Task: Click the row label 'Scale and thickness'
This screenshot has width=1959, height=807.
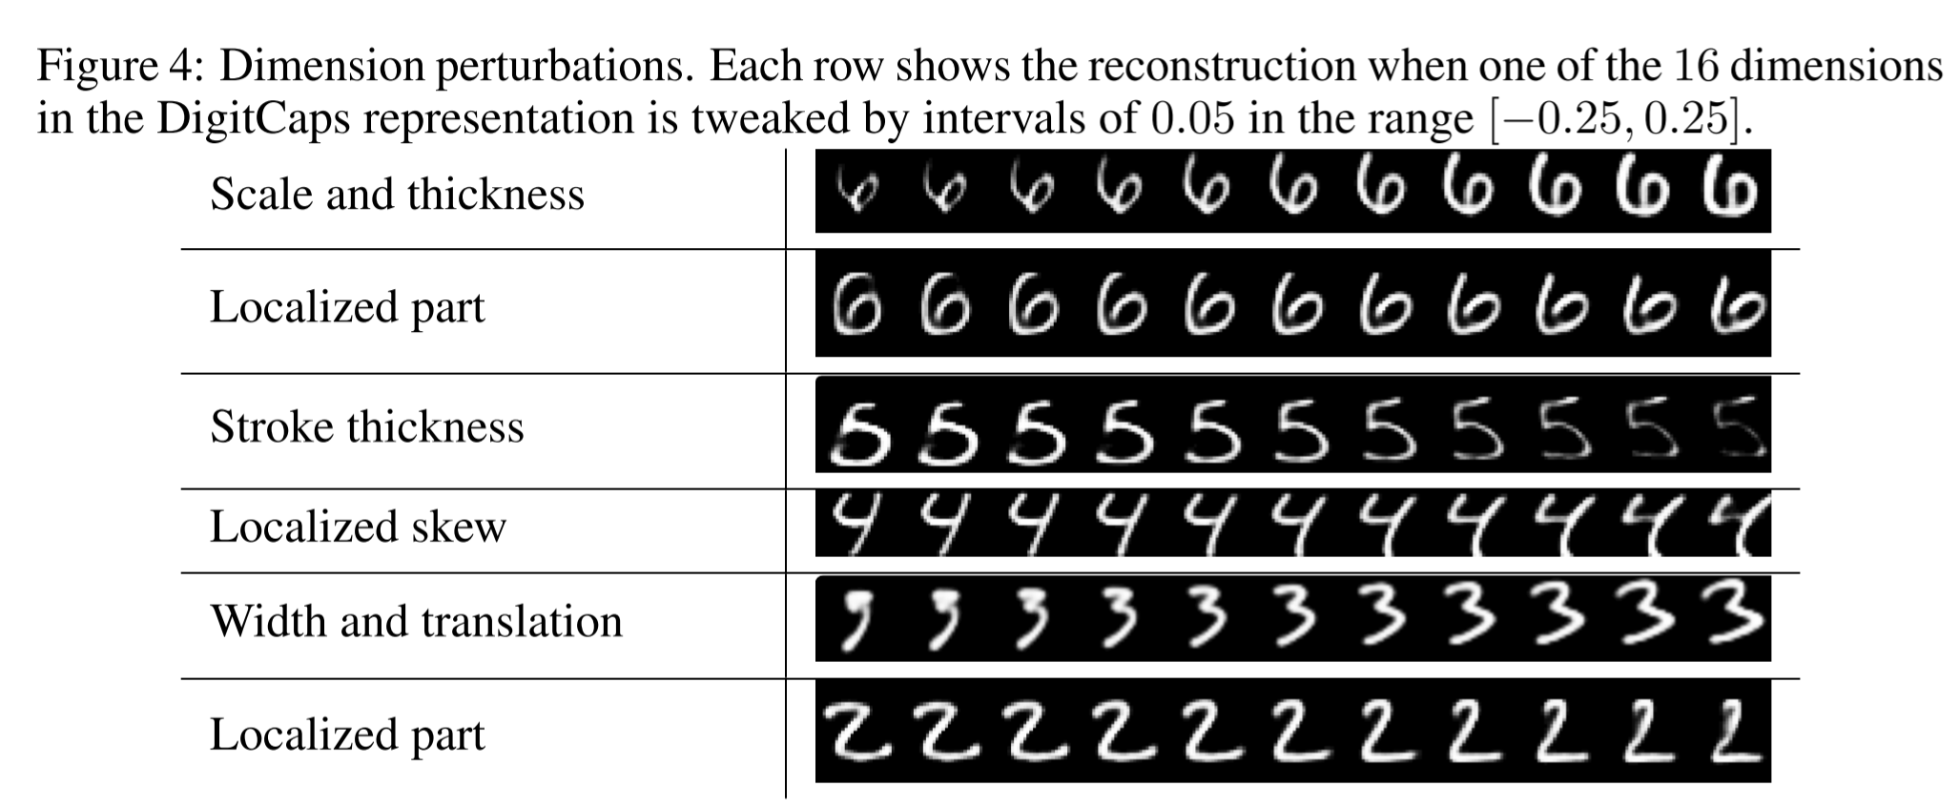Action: coord(397,195)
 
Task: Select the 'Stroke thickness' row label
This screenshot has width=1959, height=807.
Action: coord(367,426)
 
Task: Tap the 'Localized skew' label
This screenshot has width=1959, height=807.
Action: coord(358,527)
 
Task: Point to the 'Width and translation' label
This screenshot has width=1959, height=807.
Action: coord(416,621)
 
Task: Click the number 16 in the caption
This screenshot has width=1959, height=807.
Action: coord(1695,67)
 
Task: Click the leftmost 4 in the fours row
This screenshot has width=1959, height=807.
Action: coord(854,523)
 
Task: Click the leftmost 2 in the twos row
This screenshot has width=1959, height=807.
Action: coord(856,733)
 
